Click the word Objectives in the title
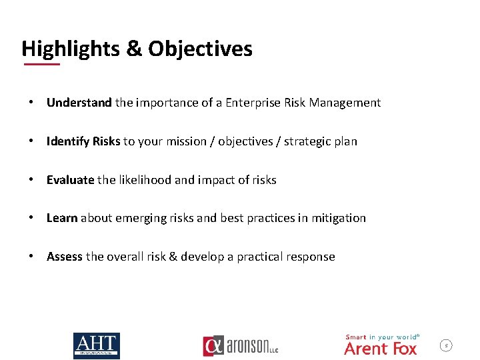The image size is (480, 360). (200, 49)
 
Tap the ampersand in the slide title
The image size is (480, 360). (133, 49)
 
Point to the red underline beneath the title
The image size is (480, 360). (41, 64)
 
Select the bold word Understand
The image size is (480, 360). (79, 103)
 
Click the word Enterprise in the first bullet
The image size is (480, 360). (254, 103)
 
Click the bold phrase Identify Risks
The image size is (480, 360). (83, 141)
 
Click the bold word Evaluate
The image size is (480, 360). (70, 180)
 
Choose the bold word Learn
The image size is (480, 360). (62, 218)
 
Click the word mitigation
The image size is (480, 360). (338, 218)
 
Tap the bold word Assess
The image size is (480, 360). (65, 257)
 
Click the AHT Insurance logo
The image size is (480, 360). (96, 345)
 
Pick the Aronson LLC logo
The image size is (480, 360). (240, 346)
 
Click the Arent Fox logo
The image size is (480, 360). (381, 345)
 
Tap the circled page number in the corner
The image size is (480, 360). (447, 345)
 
